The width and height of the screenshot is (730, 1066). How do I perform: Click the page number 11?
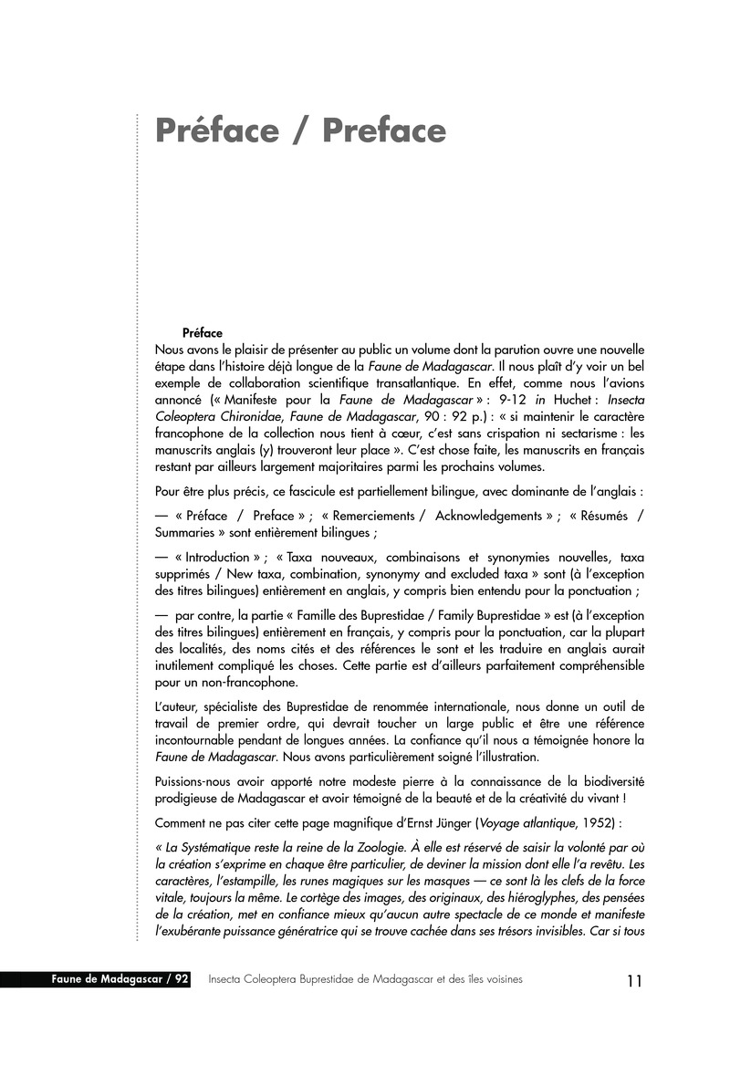pyautogui.click(x=634, y=981)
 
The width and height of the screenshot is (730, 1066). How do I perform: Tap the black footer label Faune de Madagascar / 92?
pyautogui.click(x=121, y=979)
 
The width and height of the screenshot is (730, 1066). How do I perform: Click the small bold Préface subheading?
pyautogui.click(x=203, y=333)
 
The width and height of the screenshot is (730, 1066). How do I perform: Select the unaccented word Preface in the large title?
pyautogui.click(x=383, y=131)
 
